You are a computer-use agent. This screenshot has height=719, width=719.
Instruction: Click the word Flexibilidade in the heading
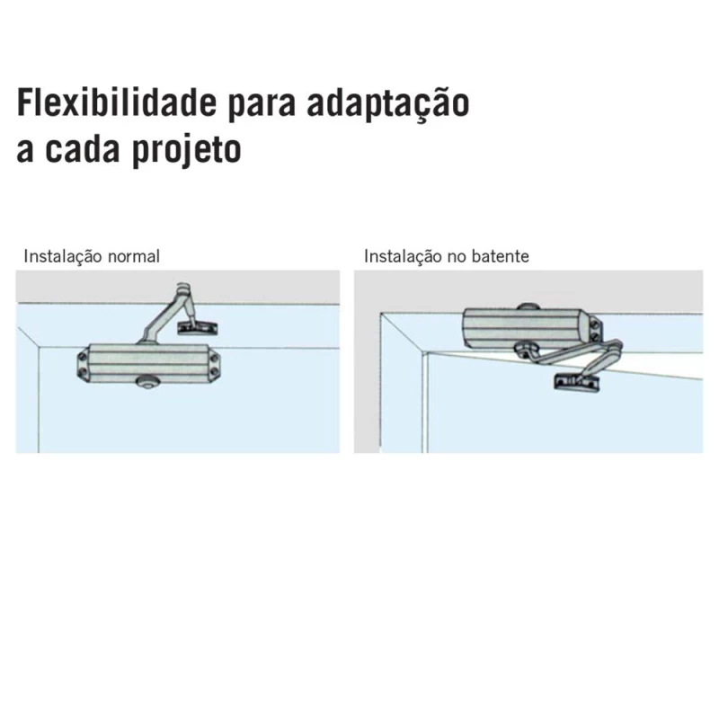pyautogui.click(x=117, y=102)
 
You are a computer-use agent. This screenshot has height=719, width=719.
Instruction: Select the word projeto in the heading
pyautogui.click(x=187, y=150)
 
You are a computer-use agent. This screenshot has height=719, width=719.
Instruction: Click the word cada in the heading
pyautogui.click(x=82, y=147)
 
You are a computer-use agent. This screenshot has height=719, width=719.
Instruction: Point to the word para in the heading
pyautogui.click(x=262, y=106)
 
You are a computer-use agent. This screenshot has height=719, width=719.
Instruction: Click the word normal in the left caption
pyautogui.click(x=133, y=256)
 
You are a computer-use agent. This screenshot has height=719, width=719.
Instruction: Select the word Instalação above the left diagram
pyautogui.click(x=62, y=256)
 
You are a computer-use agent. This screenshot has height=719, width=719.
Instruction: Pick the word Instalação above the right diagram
pyautogui.click(x=403, y=256)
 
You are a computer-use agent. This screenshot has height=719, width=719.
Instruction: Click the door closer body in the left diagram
pyautogui.click(x=149, y=362)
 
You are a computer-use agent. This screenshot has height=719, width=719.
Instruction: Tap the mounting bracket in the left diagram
pyautogui.click(x=198, y=327)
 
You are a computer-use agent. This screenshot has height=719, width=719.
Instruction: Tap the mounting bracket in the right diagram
pyautogui.click(x=577, y=382)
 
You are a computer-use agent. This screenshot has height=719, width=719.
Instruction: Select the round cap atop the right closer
pyautogui.click(x=528, y=307)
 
